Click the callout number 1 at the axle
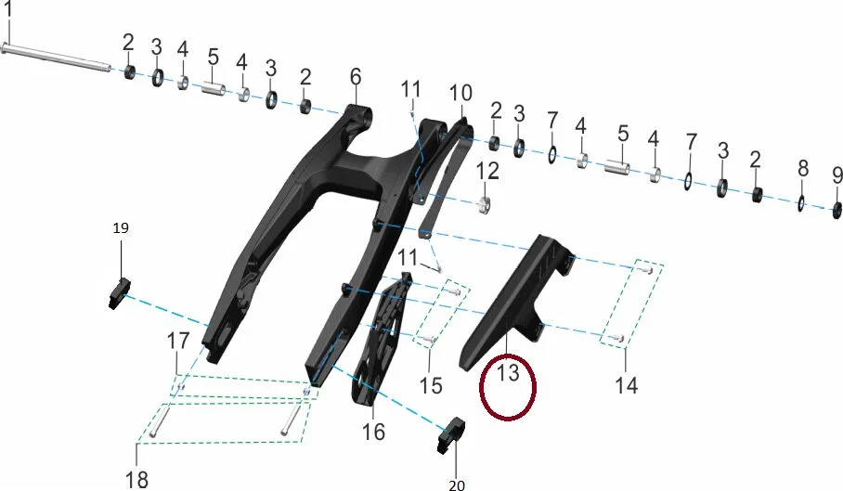[7, 9]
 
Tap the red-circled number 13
[508, 372]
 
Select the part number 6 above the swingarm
[356, 77]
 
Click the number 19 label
[121, 227]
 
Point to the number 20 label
[457, 485]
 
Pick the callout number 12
[487, 172]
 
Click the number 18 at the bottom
[136, 479]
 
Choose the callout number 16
[373, 432]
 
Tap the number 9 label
[837, 175]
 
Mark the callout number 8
[803, 168]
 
